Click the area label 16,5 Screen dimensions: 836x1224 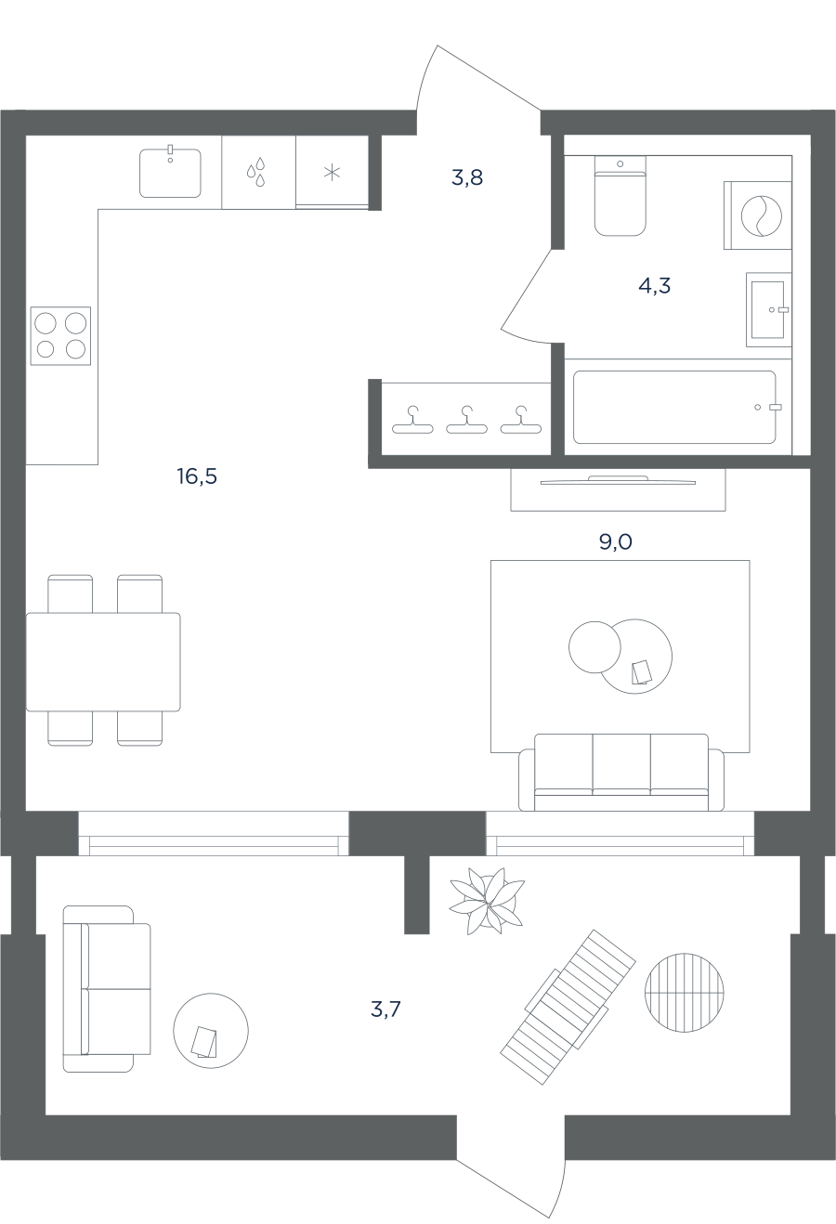pyautogui.click(x=197, y=476)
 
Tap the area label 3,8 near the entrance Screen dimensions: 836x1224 pyautogui.click(x=467, y=177)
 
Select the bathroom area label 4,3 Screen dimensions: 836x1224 pyautogui.click(x=654, y=285)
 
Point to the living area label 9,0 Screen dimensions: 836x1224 pyautogui.click(x=615, y=541)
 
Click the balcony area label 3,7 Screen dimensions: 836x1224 pyautogui.click(x=385, y=1009)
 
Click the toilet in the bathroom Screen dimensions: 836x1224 pyautogui.click(x=620, y=196)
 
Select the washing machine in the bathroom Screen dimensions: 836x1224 pyautogui.click(x=758, y=215)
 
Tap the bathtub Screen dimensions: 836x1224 pyautogui.click(x=674, y=407)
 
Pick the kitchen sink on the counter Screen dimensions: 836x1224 pyautogui.click(x=170, y=173)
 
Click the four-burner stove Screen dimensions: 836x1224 pyautogui.click(x=60, y=335)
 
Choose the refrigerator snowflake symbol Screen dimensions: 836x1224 pyautogui.click(x=333, y=173)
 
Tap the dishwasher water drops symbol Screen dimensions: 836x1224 pyautogui.click(x=255, y=172)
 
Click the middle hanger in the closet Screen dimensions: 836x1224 pyautogui.click(x=466, y=420)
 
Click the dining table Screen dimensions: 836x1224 pyautogui.click(x=103, y=662)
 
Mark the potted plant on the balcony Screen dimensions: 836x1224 pyautogui.click(x=487, y=901)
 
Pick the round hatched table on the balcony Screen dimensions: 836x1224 pyautogui.click(x=684, y=993)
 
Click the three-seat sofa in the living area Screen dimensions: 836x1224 pyautogui.click(x=621, y=772)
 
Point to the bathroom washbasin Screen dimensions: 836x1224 pyautogui.click(x=769, y=309)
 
